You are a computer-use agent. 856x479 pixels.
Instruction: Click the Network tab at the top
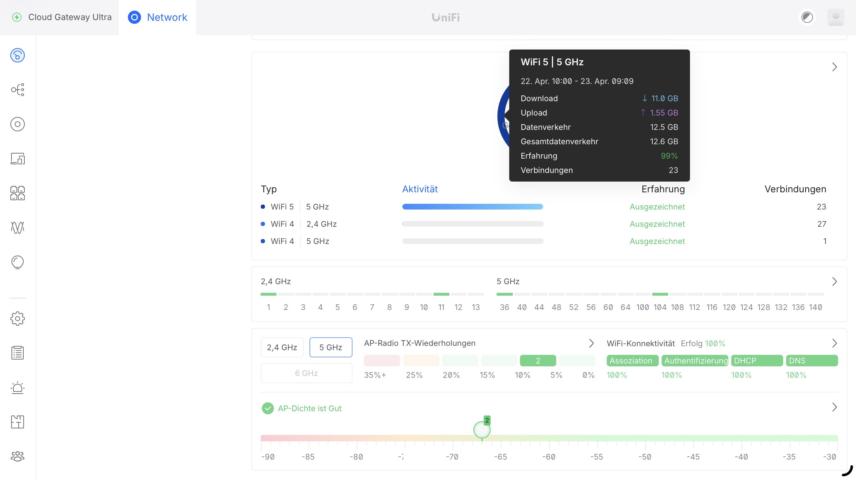coord(158,17)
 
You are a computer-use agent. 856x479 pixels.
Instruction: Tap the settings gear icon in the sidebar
coord(18,318)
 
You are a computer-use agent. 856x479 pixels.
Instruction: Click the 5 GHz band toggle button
coord(331,347)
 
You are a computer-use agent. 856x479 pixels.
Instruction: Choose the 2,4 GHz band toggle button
coord(282,347)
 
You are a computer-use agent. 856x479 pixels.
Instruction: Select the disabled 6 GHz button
coord(306,373)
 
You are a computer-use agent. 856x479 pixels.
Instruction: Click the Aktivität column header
coord(420,189)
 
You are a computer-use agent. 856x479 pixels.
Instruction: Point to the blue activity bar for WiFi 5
coord(473,207)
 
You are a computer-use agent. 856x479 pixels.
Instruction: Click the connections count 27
coord(822,224)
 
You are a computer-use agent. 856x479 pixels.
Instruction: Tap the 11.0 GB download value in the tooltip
coord(665,98)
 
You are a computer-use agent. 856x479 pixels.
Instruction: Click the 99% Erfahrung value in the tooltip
coord(669,156)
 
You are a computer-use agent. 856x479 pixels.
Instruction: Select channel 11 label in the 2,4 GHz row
coord(441,307)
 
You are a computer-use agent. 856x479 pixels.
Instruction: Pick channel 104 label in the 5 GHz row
coord(660,307)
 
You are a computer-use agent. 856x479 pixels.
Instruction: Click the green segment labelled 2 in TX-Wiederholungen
coord(538,361)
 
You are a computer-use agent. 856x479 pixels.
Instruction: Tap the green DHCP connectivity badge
coord(757,361)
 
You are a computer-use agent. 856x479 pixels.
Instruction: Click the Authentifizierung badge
coord(695,361)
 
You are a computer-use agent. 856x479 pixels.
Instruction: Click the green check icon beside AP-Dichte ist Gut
coord(268,408)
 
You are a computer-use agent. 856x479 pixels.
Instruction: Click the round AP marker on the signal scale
coord(482,430)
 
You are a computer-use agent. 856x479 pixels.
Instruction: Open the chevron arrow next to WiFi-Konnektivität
coord(834,343)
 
